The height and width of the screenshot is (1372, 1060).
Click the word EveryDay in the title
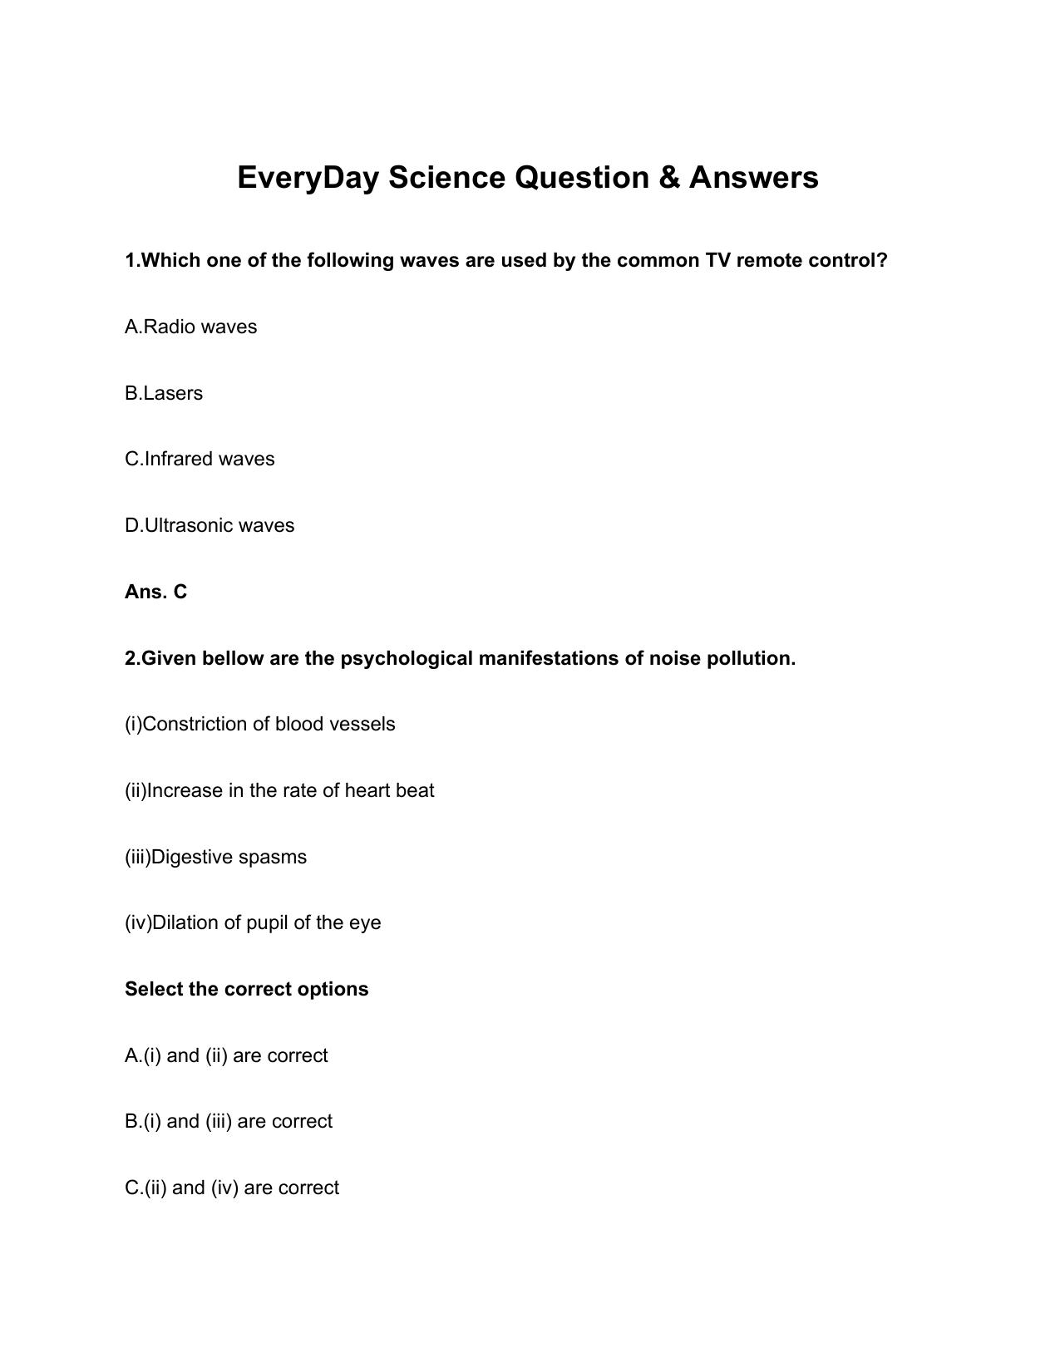point(308,178)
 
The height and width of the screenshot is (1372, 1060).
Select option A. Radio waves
point(190,327)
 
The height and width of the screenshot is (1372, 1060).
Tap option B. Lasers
point(164,393)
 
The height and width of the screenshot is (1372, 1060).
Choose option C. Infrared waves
point(200,459)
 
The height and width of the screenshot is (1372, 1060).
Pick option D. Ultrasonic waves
point(210,525)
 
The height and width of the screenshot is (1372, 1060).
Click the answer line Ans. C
point(156,592)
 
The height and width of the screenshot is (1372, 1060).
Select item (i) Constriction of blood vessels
point(260,724)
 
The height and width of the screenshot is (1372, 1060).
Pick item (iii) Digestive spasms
point(215,857)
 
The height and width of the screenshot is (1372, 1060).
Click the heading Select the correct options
point(246,989)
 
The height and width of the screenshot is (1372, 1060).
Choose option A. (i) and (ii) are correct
point(226,1055)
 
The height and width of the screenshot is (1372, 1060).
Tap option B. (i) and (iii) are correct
point(229,1121)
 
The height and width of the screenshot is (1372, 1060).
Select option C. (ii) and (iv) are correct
point(232,1188)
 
